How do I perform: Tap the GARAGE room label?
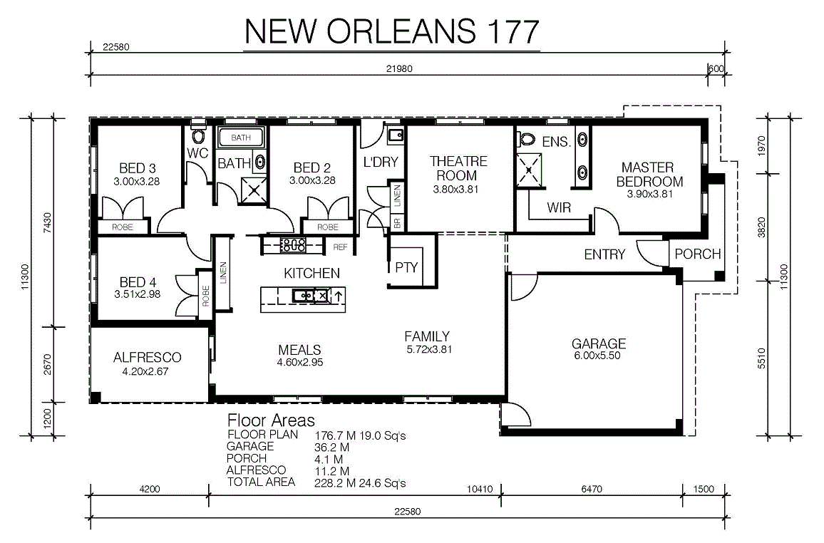(599, 344)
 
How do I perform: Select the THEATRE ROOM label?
(458, 169)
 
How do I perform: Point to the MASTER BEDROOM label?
(649, 175)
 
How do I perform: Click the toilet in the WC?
(198, 136)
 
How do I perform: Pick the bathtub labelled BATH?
(241, 138)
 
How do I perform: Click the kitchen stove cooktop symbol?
(293, 244)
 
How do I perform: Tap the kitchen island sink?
(304, 296)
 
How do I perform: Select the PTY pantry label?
(406, 268)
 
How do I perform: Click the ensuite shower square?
(528, 170)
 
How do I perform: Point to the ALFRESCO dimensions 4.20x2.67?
(145, 371)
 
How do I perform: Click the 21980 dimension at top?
(399, 68)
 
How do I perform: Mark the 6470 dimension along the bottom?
(592, 489)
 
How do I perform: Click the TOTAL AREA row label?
(261, 482)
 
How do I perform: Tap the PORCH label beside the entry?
(697, 254)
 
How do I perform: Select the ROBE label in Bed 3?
(123, 227)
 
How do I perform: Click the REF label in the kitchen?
(340, 247)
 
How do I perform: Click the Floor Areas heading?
(271, 420)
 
